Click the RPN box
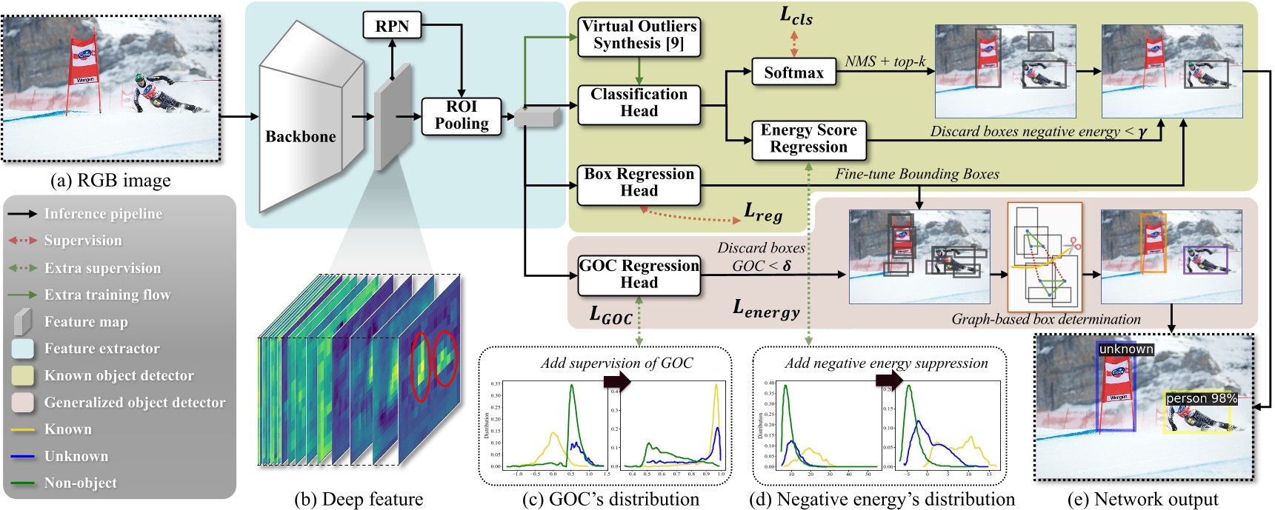click(392, 27)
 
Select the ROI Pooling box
click(462, 115)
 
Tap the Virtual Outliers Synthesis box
click(639, 35)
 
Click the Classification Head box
click(639, 103)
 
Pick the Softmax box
click(793, 73)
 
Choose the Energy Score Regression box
click(808, 138)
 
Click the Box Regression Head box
click(639, 183)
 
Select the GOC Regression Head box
click(639, 275)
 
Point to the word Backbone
click(301, 137)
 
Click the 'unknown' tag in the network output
click(1125, 349)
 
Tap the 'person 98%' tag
click(1201, 398)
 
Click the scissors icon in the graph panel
click(1075, 244)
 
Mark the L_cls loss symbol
click(796, 16)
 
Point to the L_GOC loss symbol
click(610, 315)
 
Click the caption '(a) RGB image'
click(110, 181)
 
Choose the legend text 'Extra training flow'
click(107, 295)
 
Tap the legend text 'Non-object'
click(81, 483)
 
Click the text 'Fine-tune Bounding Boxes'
click(917, 174)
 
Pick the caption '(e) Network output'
click(1145, 500)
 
